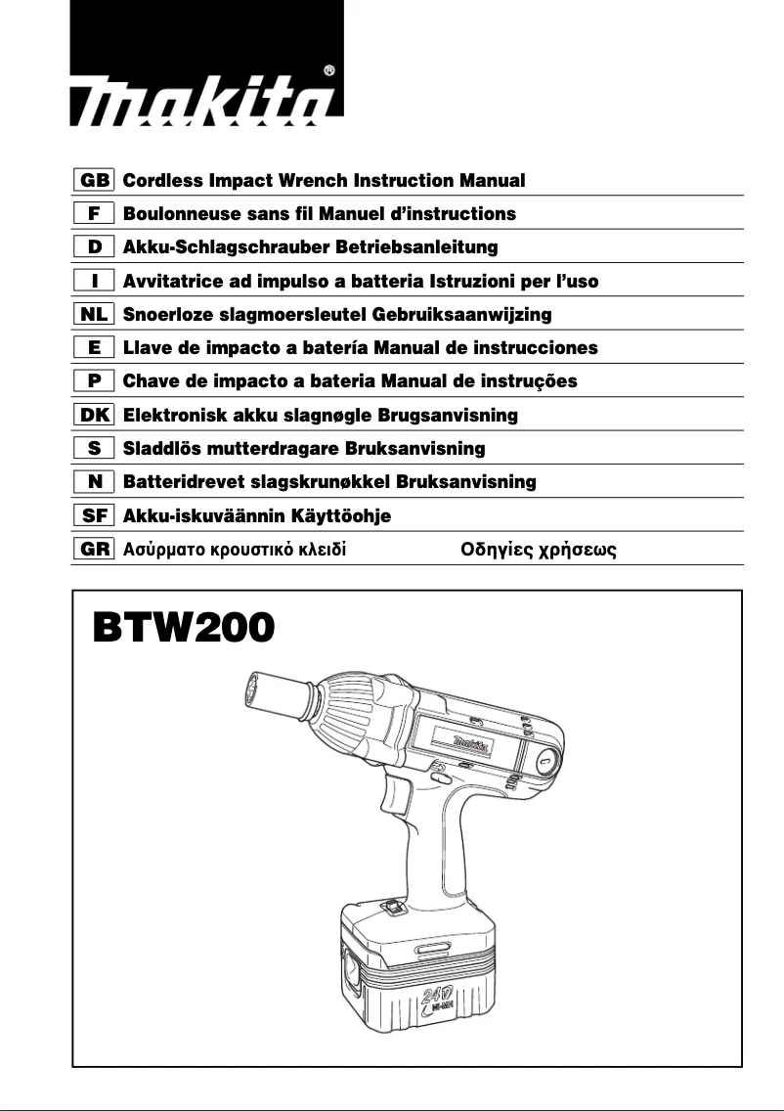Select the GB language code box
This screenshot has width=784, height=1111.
pos(95,181)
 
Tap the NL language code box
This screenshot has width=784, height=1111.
pos(95,314)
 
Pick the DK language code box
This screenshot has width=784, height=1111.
pos(95,415)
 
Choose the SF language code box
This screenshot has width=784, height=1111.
pos(95,515)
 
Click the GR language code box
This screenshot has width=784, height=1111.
pos(95,549)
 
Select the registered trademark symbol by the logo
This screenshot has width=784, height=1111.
pos(329,70)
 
